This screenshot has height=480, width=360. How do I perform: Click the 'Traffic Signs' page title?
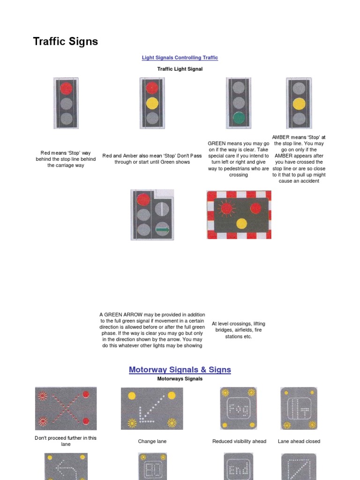pyautogui.click(x=66, y=42)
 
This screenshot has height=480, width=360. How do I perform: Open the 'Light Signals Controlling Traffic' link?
pyautogui.click(x=180, y=58)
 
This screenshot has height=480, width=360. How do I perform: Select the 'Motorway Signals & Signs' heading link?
pyautogui.click(x=180, y=370)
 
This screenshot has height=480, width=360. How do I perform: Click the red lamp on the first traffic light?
pyautogui.click(x=66, y=88)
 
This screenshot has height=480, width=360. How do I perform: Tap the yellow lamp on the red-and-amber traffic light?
pyautogui.click(x=152, y=103)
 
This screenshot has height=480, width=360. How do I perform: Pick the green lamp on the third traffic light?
pyautogui.click(x=239, y=118)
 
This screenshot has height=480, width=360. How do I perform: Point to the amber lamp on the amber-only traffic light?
pyautogui.click(x=299, y=104)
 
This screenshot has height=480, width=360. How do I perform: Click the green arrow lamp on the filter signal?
pyautogui.click(x=162, y=229)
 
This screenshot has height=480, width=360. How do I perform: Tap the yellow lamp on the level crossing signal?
pyautogui.click(x=241, y=224)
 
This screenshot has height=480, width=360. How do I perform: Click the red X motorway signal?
pyautogui.click(x=66, y=408)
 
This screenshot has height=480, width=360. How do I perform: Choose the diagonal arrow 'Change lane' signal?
pyautogui.click(x=152, y=408)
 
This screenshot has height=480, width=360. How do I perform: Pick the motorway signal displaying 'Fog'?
pyautogui.click(x=239, y=408)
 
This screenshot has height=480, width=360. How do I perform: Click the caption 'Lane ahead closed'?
pyautogui.click(x=299, y=441)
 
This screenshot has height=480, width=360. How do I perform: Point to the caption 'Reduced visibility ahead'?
pyautogui.click(x=239, y=441)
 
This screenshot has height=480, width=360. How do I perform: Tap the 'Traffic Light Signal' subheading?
pyautogui.click(x=180, y=69)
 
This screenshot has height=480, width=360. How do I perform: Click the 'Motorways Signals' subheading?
pyautogui.click(x=180, y=379)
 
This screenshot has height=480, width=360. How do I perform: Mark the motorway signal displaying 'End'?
pyautogui.click(x=239, y=469)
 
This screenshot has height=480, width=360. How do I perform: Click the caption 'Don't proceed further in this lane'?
pyautogui.click(x=66, y=441)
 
